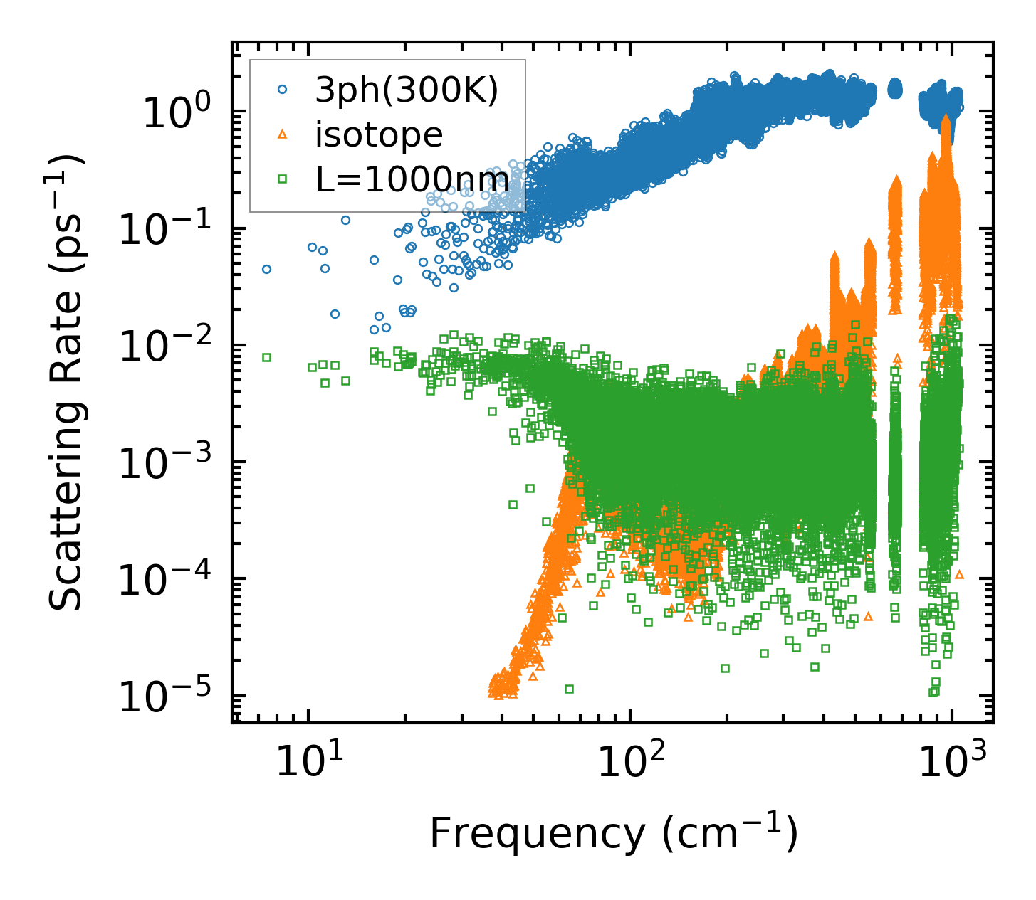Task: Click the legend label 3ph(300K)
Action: click(407, 92)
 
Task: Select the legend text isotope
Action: click(379, 134)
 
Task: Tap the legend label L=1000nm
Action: click(412, 180)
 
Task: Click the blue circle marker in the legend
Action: click(282, 90)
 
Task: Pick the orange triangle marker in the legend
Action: click(282, 134)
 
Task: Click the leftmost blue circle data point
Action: click(266, 269)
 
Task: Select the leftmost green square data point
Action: click(266, 357)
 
